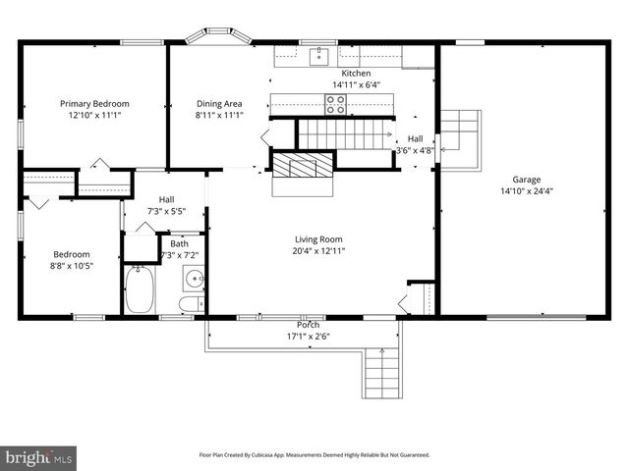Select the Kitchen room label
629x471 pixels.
click(x=356, y=74)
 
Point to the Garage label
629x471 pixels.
click(x=526, y=180)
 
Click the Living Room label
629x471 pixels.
click(x=319, y=238)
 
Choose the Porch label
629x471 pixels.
click(x=308, y=325)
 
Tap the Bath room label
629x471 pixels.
click(x=179, y=243)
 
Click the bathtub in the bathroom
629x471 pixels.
click(x=140, y=291)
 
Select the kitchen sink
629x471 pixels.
click(x=318, y=56)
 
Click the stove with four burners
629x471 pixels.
click(x=335, y=104)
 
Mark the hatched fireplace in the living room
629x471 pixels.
click(x=302, y=167)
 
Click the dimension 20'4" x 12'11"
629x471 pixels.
click(x=319, y=251)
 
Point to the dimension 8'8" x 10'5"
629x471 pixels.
click(x=72, y=265)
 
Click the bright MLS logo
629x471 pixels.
click(x=39, y=457)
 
